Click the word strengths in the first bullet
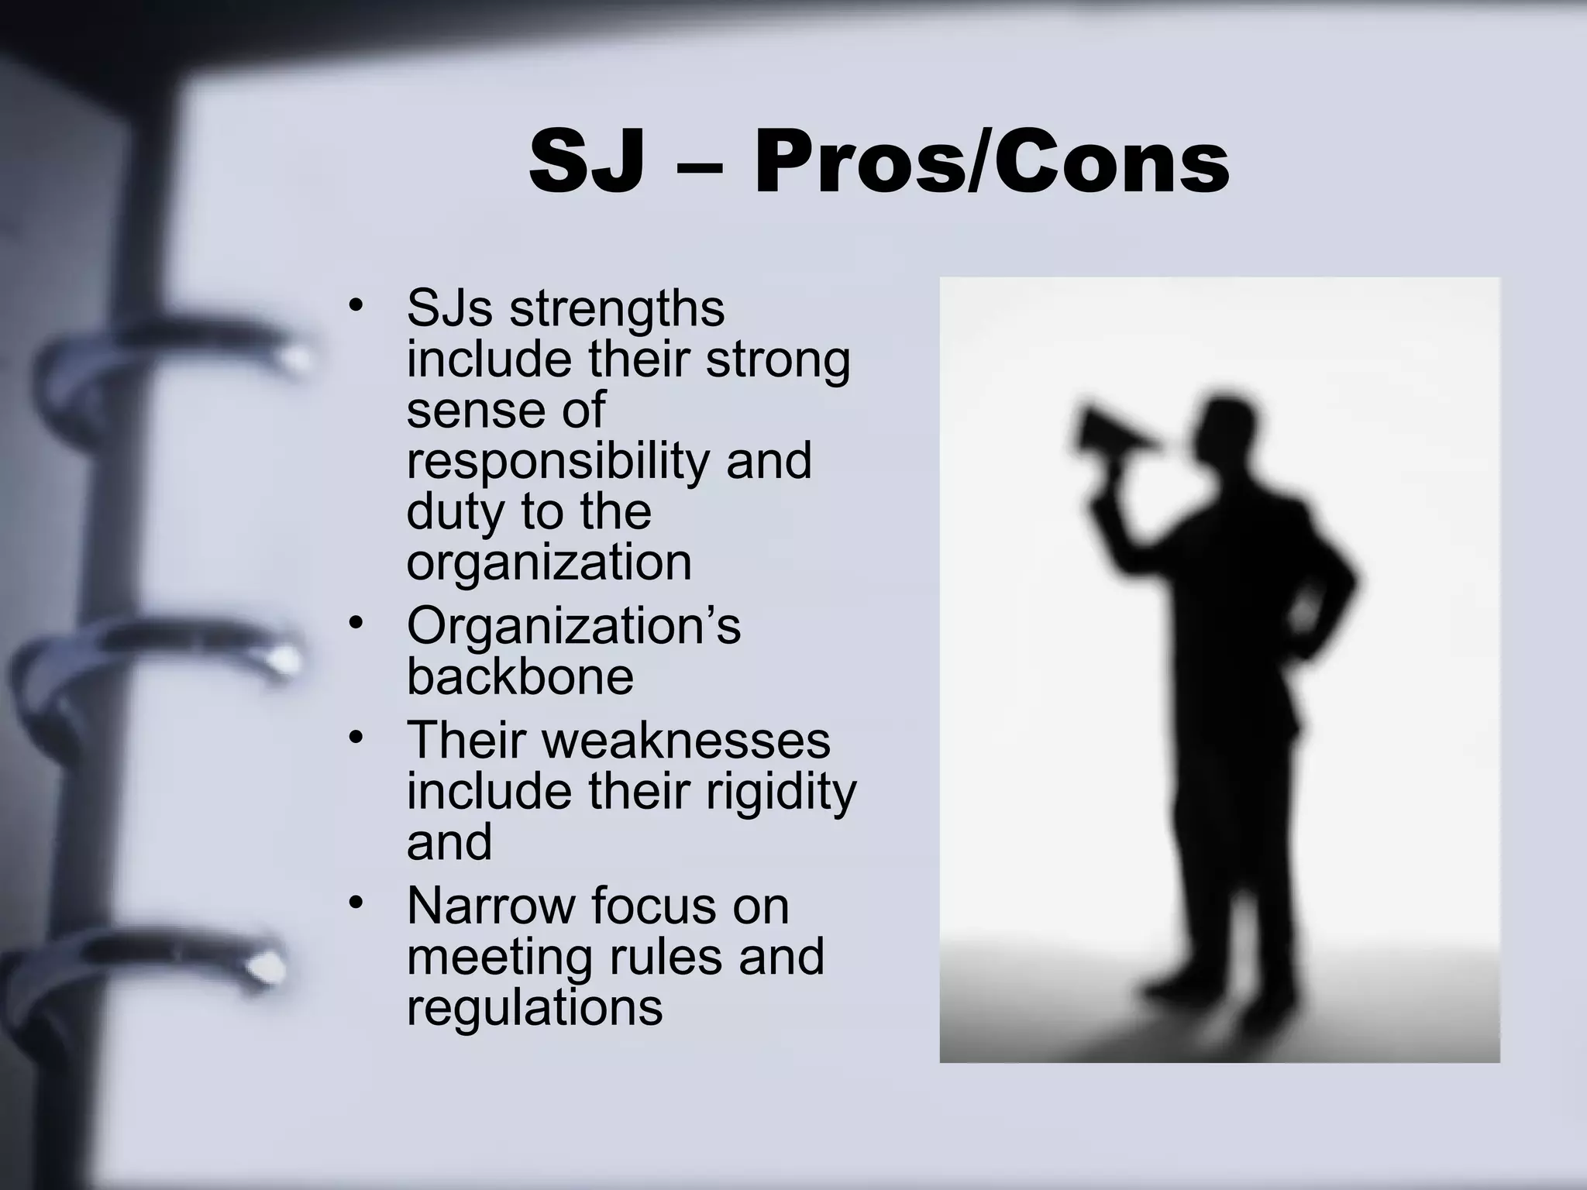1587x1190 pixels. (617, 308)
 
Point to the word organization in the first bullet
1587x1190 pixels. (549, 562)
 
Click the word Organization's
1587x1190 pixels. (573, 626)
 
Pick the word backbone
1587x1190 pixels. (520, 676)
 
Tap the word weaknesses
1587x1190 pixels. (686, 740)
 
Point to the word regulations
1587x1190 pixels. (535, 1007)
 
